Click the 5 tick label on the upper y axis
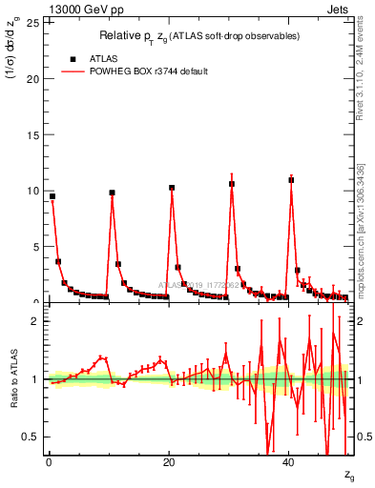pyautogui.click(x=36, y=247)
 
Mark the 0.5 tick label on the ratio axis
pyautogui.click(x=32, y=437)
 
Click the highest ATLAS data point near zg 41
pyautogui.click(x=291, y=179)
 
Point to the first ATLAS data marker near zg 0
pyautogui.click(x=52, y=196)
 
